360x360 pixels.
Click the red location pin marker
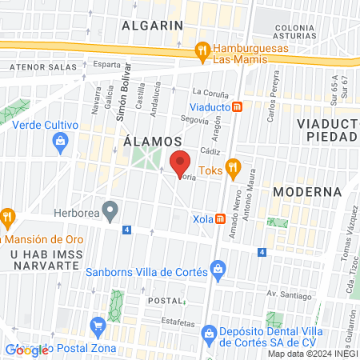(180, 162)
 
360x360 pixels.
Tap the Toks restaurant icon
(234, 167)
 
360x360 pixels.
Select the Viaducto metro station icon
(237, 106)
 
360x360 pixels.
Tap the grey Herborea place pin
(113, 213)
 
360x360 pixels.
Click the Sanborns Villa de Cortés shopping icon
(217, 270)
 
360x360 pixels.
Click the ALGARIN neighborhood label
(153, 25)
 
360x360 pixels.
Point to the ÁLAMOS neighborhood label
(153, 141)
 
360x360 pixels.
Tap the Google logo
(26, 350)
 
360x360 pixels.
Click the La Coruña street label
(210, 92)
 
